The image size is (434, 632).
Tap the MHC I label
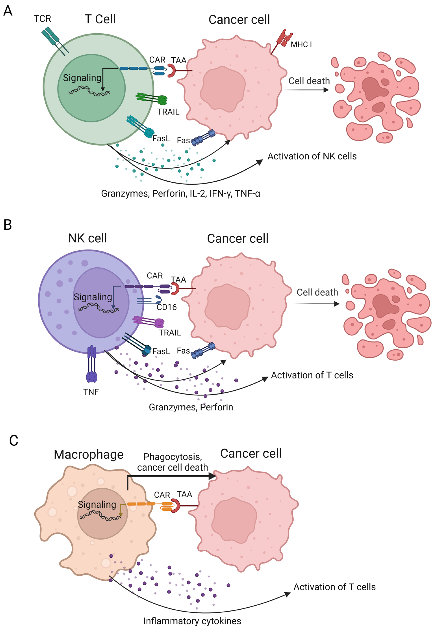click(x=301, y=44)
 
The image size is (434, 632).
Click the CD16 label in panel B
click(x=167, y=307)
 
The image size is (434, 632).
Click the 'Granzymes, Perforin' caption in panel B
click(x=191, y=407)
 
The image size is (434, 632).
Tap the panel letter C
click(x=14, y=441)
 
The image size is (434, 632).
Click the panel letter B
click(x=8, y=225)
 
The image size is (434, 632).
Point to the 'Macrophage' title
click(x=89, y=454)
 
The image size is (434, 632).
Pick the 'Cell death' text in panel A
click(x=309, y=81)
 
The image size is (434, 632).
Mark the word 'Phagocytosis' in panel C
click(x=172, y=457)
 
